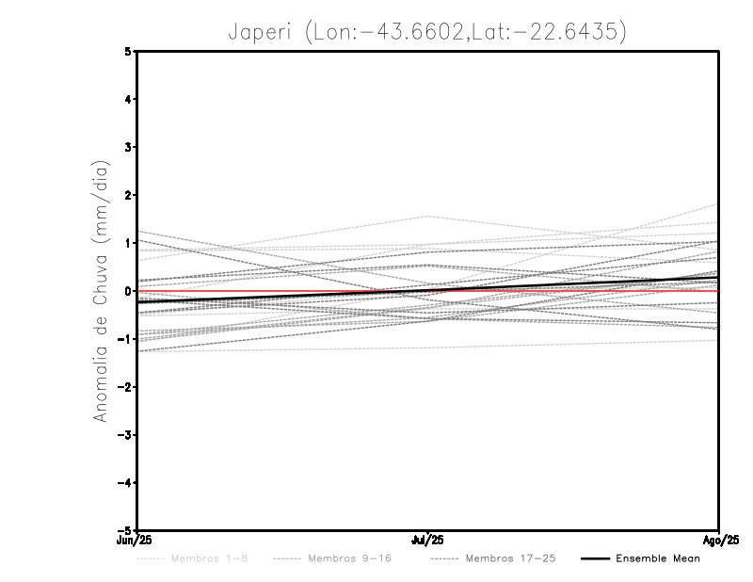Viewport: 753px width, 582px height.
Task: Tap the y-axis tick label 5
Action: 128,52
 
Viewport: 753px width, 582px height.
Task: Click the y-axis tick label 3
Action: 128,148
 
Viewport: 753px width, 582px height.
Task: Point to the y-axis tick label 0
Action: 128,291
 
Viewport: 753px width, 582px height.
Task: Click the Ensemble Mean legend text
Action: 658,559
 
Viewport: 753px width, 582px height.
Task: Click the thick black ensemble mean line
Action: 282,296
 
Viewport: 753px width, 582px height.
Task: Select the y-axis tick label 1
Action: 128,243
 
